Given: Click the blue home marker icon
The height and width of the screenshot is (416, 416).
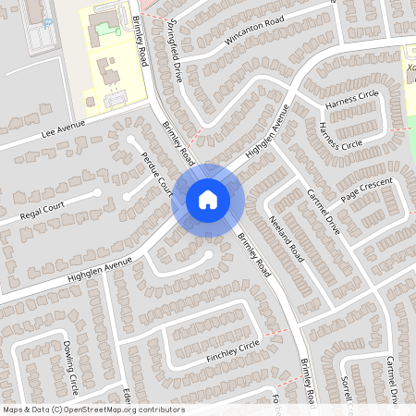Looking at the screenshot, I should (208, 200).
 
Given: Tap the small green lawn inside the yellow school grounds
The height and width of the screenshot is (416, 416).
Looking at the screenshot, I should (116, 28).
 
